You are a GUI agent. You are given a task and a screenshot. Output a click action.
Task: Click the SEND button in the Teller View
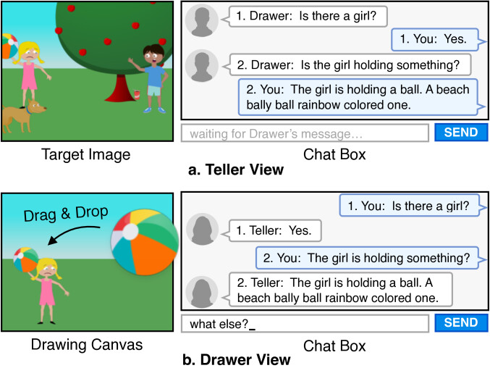tap(456, 133)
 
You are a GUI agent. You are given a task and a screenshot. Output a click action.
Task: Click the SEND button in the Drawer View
tap(456, 323)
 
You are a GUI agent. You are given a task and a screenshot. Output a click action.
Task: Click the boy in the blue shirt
tap(153, 76)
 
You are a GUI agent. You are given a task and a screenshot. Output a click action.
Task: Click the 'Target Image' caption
tap(85, 154)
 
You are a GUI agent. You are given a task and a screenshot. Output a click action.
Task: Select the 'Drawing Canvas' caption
tap(85, 344)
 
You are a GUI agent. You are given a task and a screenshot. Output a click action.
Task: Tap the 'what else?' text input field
tap(304, 323)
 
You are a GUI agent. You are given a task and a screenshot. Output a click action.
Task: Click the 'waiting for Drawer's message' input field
tap(304, 133)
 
